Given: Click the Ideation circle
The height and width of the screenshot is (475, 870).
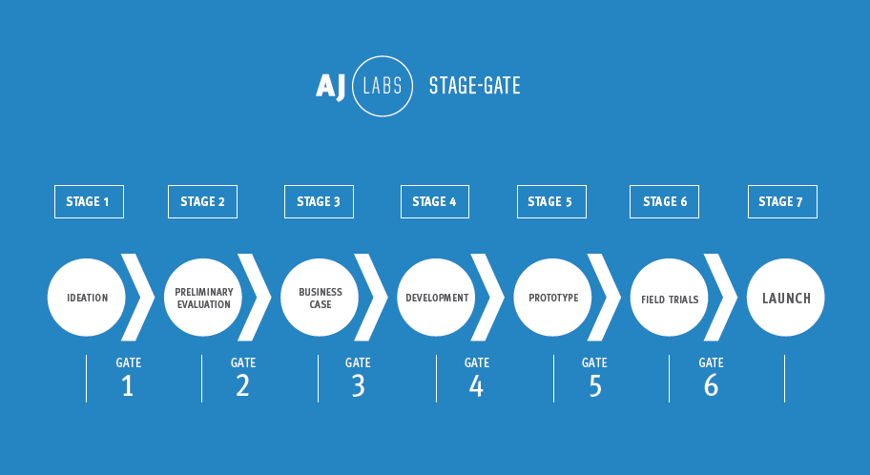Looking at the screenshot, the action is click(87, 298).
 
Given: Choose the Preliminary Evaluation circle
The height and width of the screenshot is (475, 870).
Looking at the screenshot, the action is click(203, 298).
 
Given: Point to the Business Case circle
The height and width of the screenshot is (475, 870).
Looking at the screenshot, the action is click(320, 298).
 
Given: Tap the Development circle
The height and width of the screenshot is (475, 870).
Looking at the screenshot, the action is click(436, 298).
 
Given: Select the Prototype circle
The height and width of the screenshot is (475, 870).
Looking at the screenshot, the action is click(552, 298).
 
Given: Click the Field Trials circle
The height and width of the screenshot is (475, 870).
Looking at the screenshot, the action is click(669, 298).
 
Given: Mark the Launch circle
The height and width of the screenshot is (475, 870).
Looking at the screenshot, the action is click(786, 298).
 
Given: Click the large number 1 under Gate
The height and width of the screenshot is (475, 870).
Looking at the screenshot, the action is click(128, 385).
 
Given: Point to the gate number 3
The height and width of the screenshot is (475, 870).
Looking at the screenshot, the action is click(359, 385).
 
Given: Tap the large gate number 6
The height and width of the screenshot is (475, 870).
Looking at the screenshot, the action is click(711, 385).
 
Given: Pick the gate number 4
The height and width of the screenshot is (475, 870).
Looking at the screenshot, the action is click(476, 385).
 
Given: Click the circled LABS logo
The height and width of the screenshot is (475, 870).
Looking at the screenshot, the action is click(383, 55).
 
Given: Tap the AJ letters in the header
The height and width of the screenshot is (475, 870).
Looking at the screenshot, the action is click(331, 87).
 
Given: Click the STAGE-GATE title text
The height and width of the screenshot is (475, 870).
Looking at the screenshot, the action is click(475, 86).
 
